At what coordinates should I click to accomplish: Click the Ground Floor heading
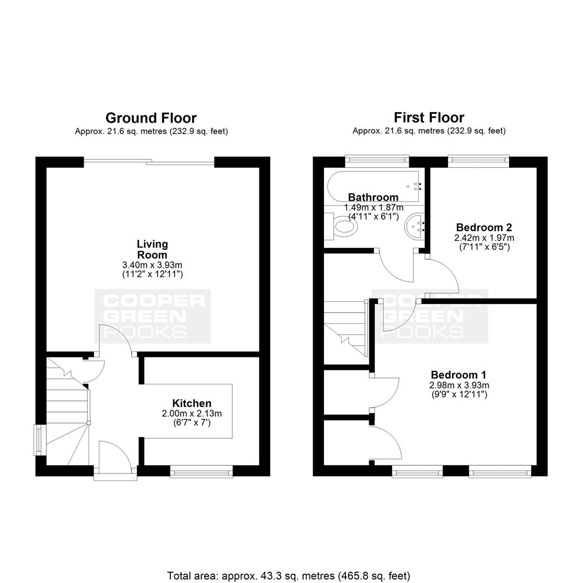(151, 118)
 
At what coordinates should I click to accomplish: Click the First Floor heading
(429, 118)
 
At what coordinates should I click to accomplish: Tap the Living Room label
(152, 249)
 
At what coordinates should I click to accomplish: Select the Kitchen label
(192, 403)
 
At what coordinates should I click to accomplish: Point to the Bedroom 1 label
(458, 375)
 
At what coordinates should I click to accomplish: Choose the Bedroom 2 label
(484, 227)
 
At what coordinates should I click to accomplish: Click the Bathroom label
(374, 197)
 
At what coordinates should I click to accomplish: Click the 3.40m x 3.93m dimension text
(152, 265)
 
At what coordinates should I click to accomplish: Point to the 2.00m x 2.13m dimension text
(192, 413)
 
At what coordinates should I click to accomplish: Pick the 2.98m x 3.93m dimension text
(459, 385)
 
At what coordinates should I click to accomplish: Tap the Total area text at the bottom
(288, 576)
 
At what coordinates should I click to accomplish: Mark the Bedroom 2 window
(478, 160)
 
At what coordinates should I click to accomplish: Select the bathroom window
(377, 160)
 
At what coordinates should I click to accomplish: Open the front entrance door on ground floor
(116, 457)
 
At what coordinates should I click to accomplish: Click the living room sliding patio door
(149, 162)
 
